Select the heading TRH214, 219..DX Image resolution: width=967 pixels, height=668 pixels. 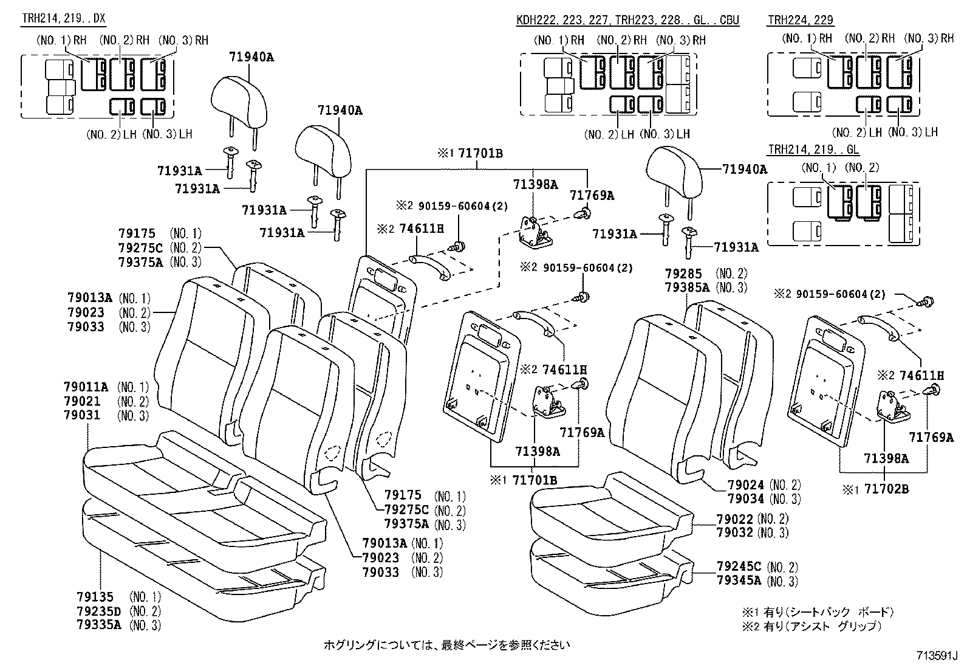(x=63, y=19)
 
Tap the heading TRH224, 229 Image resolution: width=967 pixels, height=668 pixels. (x=800, y=20)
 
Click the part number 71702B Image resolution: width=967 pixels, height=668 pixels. (x=887, y=488)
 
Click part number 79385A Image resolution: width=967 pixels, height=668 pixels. (x=687, y=288)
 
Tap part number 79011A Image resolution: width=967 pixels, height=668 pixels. (x=86, y=387)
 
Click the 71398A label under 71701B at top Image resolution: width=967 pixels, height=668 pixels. (x=535, y=184)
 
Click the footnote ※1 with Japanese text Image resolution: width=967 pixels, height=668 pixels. (x=817, y=612)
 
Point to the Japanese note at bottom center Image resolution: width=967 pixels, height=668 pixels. (x=446, y=644)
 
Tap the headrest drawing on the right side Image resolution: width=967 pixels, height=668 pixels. (x=674, y=172)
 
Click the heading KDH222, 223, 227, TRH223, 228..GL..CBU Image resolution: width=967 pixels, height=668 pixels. (x=627, y=20)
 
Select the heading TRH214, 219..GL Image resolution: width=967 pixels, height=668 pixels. (x=813, y=150)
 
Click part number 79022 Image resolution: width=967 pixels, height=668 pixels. (x=735, y=518)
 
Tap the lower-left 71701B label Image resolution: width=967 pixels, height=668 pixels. (x=535, y=480)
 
